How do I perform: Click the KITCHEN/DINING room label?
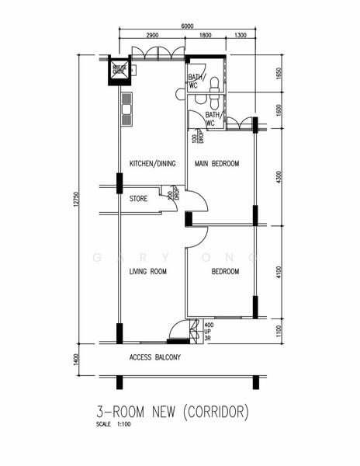[153, 164]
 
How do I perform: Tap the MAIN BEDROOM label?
[216, 164]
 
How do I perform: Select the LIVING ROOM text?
[148, 271]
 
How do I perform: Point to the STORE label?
[138, 199]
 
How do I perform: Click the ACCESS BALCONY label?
[154, 358]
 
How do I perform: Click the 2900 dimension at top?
[152, 36]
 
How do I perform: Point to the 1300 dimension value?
[241, 36]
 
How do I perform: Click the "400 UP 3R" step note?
[207, 332]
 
